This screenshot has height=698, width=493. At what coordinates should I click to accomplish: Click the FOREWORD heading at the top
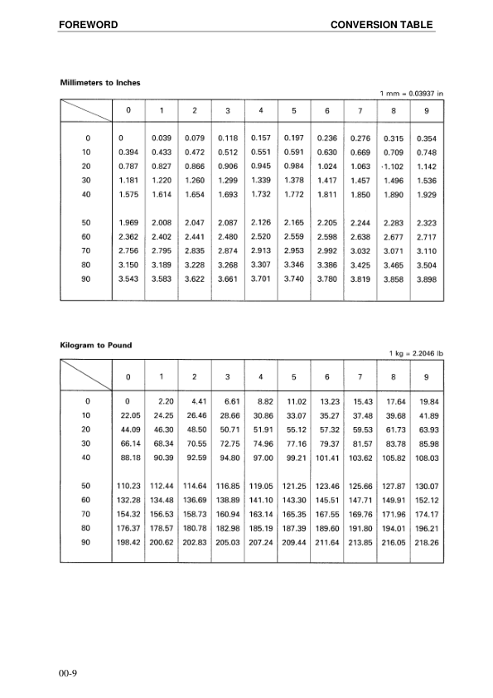(x=88, y=25)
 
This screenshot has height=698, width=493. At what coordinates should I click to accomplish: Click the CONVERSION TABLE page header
(x=381, y=25)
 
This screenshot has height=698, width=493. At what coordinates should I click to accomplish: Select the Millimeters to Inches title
(x=100, y=82)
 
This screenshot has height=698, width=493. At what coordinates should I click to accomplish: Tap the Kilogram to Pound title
(x=96, y=345)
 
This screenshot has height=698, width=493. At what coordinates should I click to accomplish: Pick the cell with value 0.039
(x=161, y=138)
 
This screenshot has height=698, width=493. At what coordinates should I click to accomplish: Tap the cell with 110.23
(x=128, y=484)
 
